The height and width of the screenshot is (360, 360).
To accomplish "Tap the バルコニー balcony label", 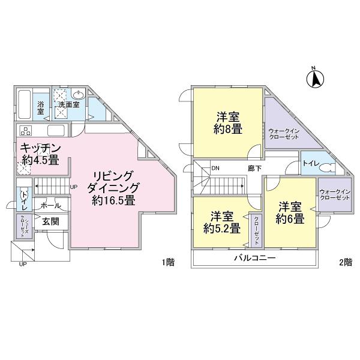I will pyautogui.click(x=254, y=259).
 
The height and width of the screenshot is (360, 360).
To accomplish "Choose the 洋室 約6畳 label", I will pyautogui.click(x=290, y=212).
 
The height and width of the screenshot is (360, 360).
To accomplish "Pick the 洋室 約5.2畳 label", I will pyautogui.click(x=221, y=221).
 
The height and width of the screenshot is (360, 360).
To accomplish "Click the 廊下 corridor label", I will pyautogui.click(x=254, y=169).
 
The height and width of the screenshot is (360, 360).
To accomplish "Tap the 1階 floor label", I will pyautogui.click(x=169, y=262).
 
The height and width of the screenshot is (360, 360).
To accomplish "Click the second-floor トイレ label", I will pyautogui.click(x=311, y=163).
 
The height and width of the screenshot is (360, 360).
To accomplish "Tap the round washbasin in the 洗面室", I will pyautogui.click(x=79, y=95).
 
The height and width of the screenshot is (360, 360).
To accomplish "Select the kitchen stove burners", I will pyautogui.click(x=26, y=131).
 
